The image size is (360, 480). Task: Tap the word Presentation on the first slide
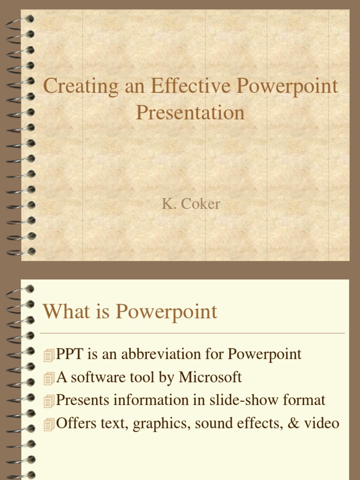click(190, 113)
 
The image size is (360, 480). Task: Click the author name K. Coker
click(191, 205)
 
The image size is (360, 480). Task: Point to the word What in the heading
click(62, 312)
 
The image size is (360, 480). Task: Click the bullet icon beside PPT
click(49, 356)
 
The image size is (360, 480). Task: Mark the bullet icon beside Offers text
click(49, 425)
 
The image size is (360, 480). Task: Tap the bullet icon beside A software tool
click(49, 378)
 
